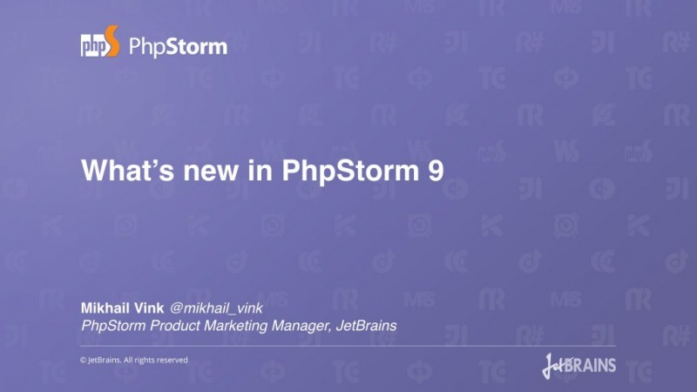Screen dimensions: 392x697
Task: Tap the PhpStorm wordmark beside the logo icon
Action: coord(178,45)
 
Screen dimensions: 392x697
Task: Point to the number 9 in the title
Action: coord(435,169)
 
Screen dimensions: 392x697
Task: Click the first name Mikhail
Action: coord(107,308)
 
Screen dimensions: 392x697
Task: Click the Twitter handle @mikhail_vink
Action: coord(216,308)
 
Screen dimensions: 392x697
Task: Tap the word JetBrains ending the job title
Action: coord(366,326)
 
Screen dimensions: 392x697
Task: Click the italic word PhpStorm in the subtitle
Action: coord(115,326)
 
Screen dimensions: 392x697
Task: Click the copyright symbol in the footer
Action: coord(84,360)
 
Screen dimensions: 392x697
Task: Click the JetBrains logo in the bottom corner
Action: coord(579,363)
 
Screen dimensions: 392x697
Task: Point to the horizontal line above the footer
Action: coord(348,345)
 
